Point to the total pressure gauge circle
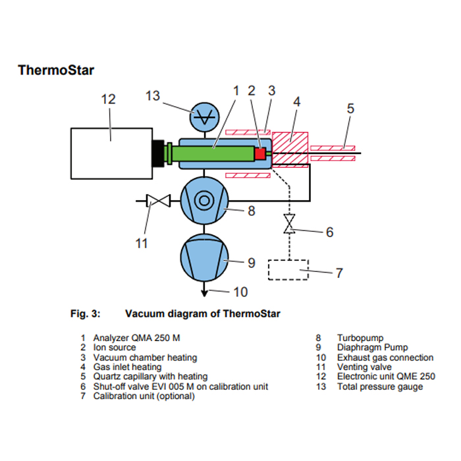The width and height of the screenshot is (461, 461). [204, 117]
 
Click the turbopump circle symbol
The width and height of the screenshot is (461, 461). [204, 200]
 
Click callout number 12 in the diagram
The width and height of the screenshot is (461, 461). [108, 99]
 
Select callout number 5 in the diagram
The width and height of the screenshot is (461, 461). [350, 109]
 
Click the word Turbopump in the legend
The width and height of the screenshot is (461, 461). [360, 338]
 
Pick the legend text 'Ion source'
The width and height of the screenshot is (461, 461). [115, 347]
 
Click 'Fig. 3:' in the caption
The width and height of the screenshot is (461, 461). [85, 313]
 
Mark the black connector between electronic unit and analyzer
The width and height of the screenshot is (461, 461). [159, 153]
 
